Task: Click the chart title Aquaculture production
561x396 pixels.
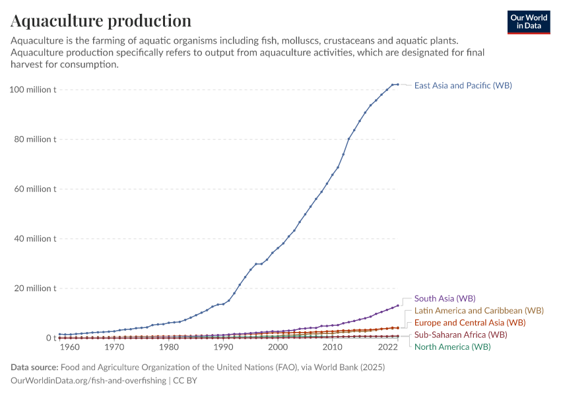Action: click(x=101, y=20)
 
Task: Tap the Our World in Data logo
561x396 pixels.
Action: click(x=528, y=22)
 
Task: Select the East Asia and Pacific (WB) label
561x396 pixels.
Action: click(x=463, y=85)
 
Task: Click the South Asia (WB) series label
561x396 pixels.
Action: click(x=444, y=298)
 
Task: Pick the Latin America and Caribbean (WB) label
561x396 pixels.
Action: click(x=478, y=310)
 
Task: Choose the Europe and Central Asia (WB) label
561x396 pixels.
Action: click(x=469, y=322)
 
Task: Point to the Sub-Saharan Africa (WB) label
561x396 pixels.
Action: click(x=460, y=335)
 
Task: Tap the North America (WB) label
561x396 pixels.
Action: click(x=452, y=346)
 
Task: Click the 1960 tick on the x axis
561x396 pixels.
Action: click(x=70, y=347)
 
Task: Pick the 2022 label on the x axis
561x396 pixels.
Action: click(x=387, y=347)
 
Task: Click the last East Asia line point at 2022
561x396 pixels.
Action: click(x=397, y=84)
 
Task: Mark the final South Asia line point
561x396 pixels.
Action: click(x=397, y=306)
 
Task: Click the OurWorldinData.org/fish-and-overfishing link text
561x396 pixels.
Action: click(x=88, y=381)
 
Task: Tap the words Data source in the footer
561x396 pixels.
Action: click(x=35, y=367)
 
